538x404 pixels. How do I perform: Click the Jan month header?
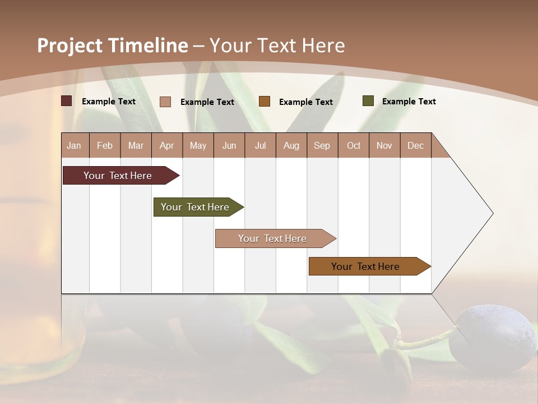point(74,145)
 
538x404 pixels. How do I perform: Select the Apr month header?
point(167,145)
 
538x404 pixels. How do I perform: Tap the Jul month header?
point(260,145)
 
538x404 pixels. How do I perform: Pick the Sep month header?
point(322,145)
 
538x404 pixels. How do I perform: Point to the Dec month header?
point(415,145)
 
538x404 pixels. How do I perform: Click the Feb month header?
point(105,145)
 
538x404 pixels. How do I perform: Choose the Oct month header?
point(354,145)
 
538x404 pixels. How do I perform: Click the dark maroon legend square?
point(67,101)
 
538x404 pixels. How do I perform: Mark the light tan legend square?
point(165,102)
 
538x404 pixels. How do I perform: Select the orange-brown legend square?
point(265,102)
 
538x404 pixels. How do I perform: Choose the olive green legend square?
point(368,101)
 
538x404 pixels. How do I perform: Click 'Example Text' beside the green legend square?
point(409,102)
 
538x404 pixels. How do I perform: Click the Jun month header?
point(229,145)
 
